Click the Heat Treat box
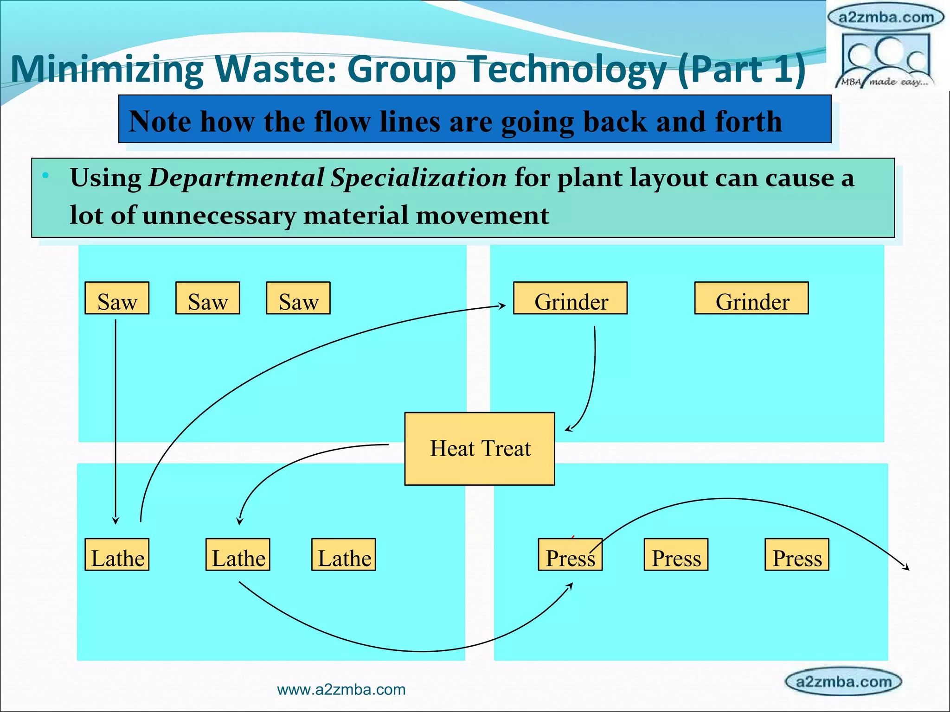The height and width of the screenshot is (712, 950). pos(479,448)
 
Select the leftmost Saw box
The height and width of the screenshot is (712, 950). pos(117,298)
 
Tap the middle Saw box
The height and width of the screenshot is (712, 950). pos(207,298)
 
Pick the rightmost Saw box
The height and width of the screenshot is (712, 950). pos(298,298)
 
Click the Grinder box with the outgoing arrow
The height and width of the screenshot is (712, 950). pos(570,298)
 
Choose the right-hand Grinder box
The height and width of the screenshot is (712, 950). pos(751,298)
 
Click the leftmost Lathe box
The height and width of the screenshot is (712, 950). pos(117,554)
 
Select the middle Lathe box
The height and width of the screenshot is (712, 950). pos(237,554)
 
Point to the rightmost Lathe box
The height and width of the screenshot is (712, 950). pos(343,554)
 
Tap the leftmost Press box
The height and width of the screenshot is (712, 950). pos(570,554)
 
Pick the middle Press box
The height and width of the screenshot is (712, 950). pos(676,554)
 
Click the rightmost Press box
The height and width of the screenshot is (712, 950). pos(796,554)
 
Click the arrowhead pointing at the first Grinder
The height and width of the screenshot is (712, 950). pos(502,305)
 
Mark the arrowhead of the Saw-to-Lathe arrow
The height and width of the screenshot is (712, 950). pos(116,521)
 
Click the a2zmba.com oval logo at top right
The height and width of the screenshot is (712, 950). pos(886,18)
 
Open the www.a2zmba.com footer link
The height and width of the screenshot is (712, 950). pos(341,690)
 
